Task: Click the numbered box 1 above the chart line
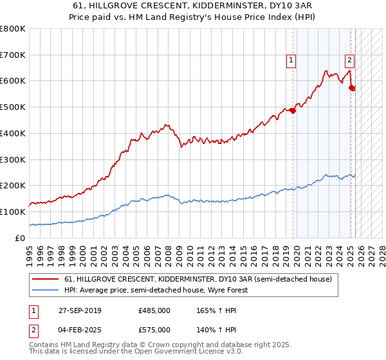tap(291, 61)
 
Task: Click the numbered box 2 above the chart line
tap(349, 61)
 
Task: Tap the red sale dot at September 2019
tap(293, 111)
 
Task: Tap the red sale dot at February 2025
tap(352, 87)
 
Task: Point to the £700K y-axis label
tap(13, 55)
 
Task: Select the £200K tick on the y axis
tap(13, 185)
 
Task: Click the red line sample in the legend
tap(46, 280)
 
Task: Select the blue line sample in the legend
tap(46, 290)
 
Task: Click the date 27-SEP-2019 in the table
tap(80, 310)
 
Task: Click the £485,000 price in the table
tap(154, 310)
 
